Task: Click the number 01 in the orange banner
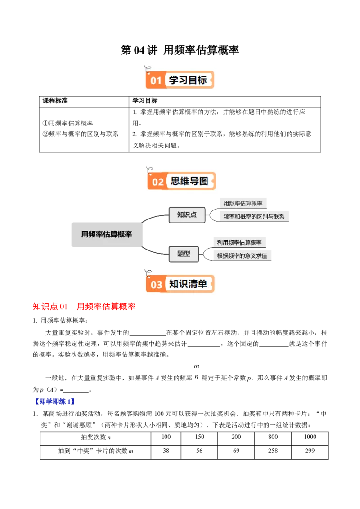[x=156, y=81]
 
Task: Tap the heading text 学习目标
[x=188, y=80]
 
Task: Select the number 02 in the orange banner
[x=157, y=182]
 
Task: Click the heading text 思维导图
[x=189, y=181]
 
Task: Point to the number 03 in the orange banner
[x=156, y=285]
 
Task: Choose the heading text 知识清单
[x=188, y=284]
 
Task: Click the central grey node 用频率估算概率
[x=106, y=234]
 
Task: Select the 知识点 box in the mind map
[x=187, y=214]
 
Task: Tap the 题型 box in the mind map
[x=184, y=254]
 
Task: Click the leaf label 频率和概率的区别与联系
[x=254, y=217]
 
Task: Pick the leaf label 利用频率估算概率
[x=239, y=242]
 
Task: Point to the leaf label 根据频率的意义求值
[x=242, y=256]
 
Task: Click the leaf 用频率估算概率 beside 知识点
[x=243, y=204]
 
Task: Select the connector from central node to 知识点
[x=154, y=217]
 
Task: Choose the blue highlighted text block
[x=54, y=401]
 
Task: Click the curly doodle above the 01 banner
[x=147, y=69]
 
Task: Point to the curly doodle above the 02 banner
[x=149, y=170]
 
